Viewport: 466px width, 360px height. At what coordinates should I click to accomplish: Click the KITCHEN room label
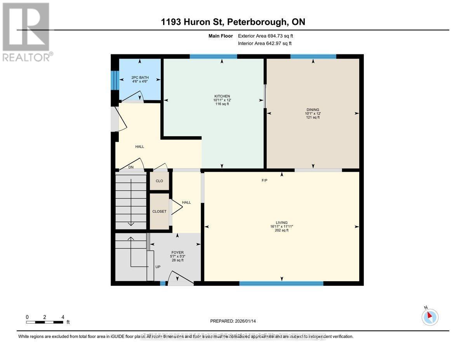tap(222, 96)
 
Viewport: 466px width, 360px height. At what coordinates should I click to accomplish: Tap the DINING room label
tap(313, 110)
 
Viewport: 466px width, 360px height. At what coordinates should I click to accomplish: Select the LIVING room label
tap(282, 223)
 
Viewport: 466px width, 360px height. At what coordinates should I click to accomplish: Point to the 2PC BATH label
tap(140, 78)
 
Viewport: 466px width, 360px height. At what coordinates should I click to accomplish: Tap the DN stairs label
tap(131, 167)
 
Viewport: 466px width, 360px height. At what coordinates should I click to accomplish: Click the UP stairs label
tap(158, 267)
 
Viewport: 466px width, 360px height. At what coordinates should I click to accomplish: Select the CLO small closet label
tap(159, 181)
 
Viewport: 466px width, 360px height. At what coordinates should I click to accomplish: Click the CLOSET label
tap(159, 212)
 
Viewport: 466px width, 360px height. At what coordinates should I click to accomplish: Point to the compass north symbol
tap(429, 317)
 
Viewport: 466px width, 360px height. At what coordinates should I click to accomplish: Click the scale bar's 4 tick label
tap(63, 317)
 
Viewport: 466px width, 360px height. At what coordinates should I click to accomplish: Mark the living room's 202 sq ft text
tap(282, 230)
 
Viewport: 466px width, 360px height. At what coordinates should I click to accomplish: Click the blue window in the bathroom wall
tap(115, 80)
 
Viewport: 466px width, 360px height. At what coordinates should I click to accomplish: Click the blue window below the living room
tap(281, 283)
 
